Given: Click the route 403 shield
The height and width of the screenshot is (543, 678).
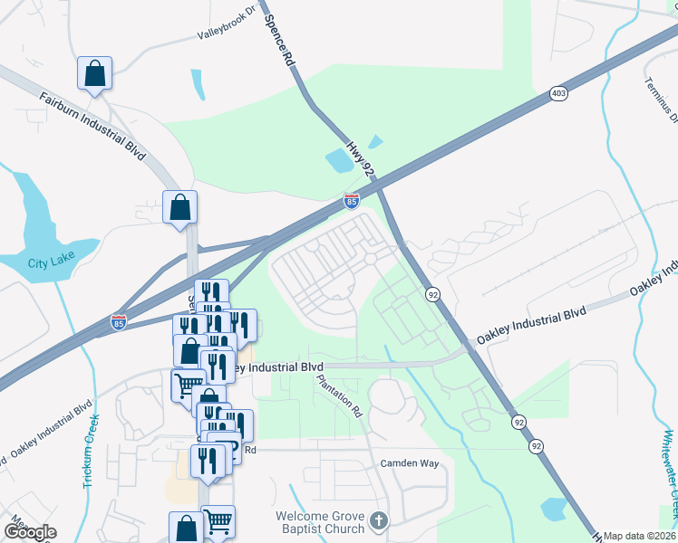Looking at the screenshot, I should click(557, 93).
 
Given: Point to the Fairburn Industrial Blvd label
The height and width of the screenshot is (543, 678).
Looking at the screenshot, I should click(92, 122).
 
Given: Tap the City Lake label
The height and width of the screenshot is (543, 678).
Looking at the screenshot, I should click(49, 263).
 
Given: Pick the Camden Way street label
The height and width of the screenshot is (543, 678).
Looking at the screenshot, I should click(409, 463).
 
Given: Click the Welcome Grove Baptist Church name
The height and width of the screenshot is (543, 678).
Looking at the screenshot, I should click(320, 522).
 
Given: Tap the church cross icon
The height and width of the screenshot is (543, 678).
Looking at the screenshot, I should click(379, 520).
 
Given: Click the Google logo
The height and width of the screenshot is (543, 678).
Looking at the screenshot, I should click(30, 532).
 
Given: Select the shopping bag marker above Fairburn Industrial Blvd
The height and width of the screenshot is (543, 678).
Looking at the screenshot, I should click(94, 74).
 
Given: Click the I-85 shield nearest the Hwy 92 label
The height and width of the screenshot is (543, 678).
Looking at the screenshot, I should click(352, 201).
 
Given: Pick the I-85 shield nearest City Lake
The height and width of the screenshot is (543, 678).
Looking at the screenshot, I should click(118, 321).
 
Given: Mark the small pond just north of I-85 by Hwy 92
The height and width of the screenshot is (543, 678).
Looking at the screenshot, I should click(340, 161).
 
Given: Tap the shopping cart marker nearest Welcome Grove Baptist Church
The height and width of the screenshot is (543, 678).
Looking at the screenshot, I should click(218, 522).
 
